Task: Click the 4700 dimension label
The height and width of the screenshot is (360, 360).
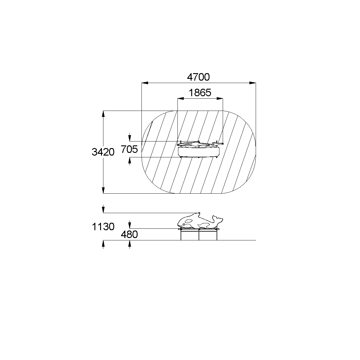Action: (x=198, y=77)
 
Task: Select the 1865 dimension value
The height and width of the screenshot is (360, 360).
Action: (x=200, y=93)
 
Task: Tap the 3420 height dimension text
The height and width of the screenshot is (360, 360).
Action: (x=103, y=152)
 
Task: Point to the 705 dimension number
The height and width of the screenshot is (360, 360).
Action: (x=129, y=149)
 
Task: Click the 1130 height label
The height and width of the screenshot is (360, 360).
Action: (x=103, y=227)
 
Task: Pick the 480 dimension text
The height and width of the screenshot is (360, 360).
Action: (x=129, y=234)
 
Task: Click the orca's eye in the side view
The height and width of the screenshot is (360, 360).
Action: (x=184, y=224)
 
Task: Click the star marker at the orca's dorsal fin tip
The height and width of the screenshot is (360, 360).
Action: (x=199, y=213)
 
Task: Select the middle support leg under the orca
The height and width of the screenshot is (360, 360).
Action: (x=199, y=235)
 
